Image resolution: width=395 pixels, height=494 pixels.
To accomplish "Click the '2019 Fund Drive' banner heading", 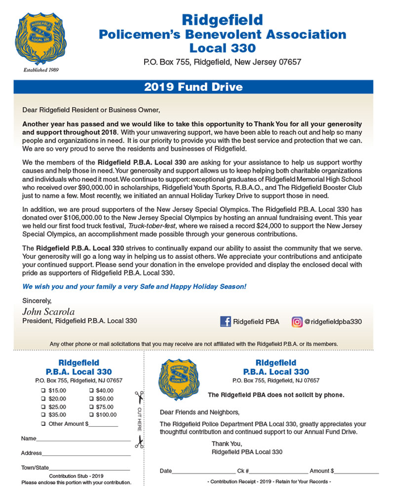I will click(194, 87).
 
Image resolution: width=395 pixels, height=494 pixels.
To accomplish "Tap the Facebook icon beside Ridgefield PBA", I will click(226, 322).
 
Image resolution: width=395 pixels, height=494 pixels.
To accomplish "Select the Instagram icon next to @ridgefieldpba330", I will click(297, 322).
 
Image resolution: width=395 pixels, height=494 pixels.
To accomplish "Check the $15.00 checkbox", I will click(43, 390).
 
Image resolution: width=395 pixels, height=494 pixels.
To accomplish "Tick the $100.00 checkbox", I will click(91, 415).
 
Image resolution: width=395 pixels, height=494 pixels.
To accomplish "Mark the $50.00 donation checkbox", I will click(91, 399).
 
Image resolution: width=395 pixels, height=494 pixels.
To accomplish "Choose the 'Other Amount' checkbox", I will click(43, 424).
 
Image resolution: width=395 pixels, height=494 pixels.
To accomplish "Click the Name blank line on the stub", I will click(83, 439).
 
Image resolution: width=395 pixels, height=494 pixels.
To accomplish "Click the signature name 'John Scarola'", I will click(48, 311).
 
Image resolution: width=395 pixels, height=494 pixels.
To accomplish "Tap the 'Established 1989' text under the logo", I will click(41, 70).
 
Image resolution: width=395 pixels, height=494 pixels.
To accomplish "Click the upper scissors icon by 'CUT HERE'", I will click(139, 396).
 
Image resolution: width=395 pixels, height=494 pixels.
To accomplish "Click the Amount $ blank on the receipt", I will click(356, 471).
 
